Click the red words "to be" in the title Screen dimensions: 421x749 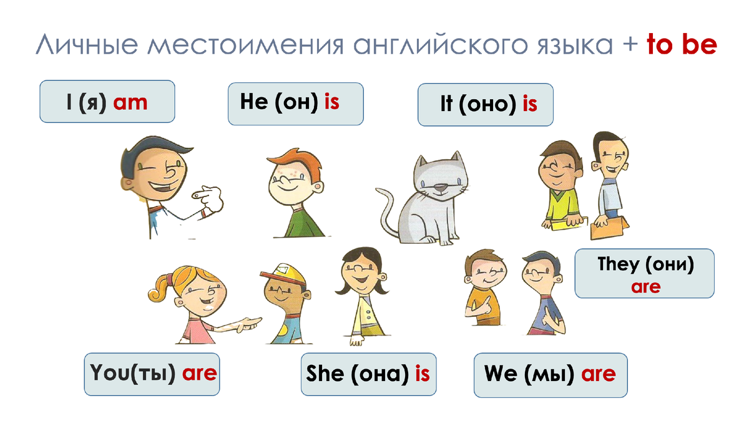pyautogui.click(x=682, y=45)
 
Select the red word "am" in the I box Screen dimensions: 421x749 pyautogui.click(x=130, y=102)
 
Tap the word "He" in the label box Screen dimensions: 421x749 pyautogui.click(x=253, y=102)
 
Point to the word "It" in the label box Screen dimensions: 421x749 pyautogui.click(x=446, y=105)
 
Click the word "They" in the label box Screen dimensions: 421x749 pyautogui.click(x=618, y=264)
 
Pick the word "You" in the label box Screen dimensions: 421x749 pyautogui.click(x=109, y=374)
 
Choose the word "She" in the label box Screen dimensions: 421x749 pyautogui.click(x=325, y=374)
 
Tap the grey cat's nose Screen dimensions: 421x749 pyautogui.click(x=441, y=186)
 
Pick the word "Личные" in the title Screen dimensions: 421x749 pyautogui.click(x=79, y=45)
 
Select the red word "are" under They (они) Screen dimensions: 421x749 pyautogui.click(x=645, y=288)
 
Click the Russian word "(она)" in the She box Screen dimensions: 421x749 pyautogui.click(x=381, y=374)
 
